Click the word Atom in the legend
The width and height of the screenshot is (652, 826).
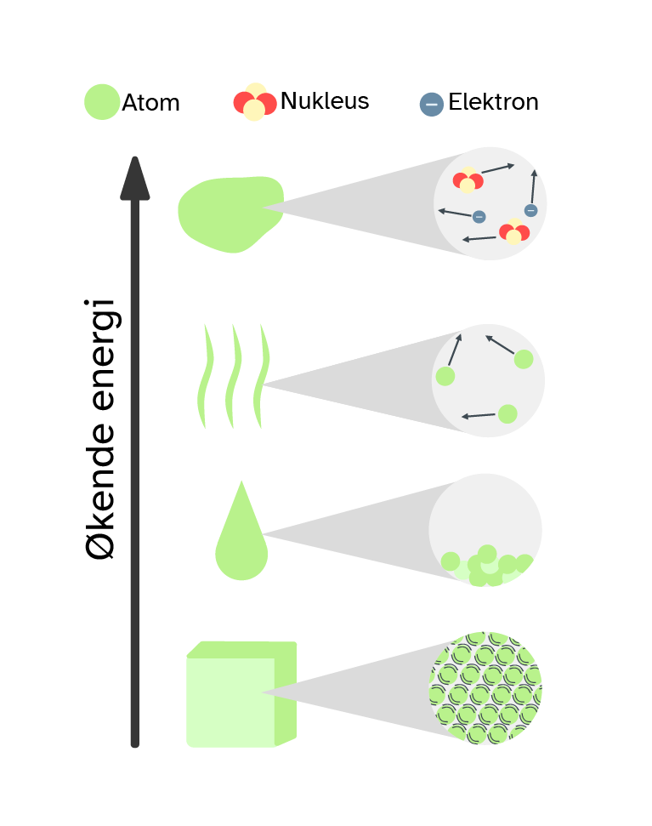pyautogui.click(x=150, y=103)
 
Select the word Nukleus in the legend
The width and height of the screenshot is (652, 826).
pyautogui.click(x=325, y=101)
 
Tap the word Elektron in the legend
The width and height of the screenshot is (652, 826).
pyautogui.click(x=493, y=102)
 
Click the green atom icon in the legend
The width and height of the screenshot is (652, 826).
pyautogui.click(x=102, y=102)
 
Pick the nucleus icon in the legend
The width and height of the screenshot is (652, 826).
pyautogui.click(x=255, y=103)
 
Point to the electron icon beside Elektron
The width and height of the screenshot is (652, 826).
pyautogui.click(x=432, y=105)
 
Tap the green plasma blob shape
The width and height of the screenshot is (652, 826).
pyautogui.click(x=228, y=213)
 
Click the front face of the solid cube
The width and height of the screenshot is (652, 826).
pyautogui.click(x=230, y=702)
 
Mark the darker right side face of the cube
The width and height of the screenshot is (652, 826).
pyautogui.click(x=286, y=693)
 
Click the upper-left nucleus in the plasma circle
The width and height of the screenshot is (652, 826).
pyautogui.click(x=468, y=181)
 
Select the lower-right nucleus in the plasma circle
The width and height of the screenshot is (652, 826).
pyautogui.click(x=514, y=231)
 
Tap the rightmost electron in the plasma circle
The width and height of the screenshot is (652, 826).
pyautogui.click(x=531, y=210)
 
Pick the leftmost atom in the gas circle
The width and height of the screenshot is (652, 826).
pyautogui.click(x=445, y=376)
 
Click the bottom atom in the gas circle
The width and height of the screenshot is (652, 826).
pyautogui.click(x=507, y=414)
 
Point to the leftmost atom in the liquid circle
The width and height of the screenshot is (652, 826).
pyautogui.click(x=451, y=561)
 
